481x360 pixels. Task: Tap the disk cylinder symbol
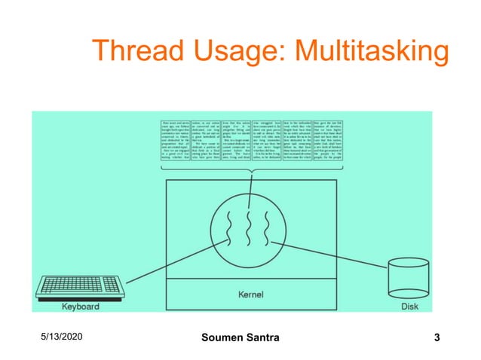[x=409, y=279]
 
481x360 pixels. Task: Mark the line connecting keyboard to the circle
[x=151, y=261]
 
